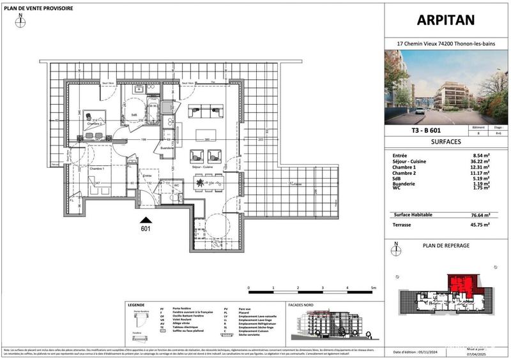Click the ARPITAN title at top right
tap(446, 20)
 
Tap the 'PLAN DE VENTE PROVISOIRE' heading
tap(38, 8)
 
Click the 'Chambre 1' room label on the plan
tap(96, 169)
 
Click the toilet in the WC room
tap(174, 197)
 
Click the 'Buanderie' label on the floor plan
tap(168, 147)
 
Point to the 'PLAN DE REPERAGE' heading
tap(446, 245)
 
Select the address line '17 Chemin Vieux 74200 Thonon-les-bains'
tap(446, 44)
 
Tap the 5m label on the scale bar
tap(373, 288)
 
